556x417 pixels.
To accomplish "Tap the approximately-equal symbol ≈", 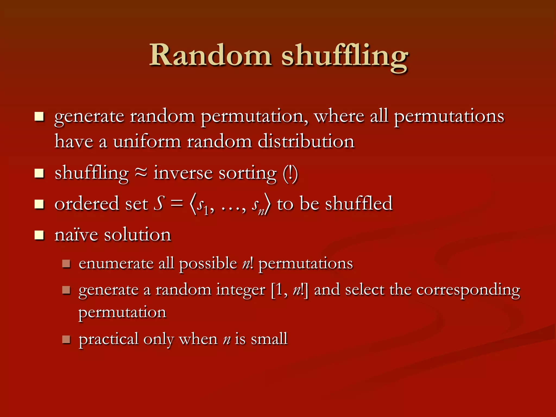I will (x=141, y=173).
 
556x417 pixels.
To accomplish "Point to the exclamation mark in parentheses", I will (x=290, y=174).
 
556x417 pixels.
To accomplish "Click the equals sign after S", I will (x=176, y=204).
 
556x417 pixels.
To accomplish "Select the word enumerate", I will (x=116, y=263).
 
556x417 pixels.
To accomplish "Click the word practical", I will (x=108, y=339).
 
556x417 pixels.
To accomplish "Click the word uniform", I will (x=147, y=141).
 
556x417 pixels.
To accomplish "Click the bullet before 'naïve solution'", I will (x=39, y=235).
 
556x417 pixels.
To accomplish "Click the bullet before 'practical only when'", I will (x=66, y=339).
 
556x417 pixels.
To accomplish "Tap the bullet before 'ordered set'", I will (x=39, y=204).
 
